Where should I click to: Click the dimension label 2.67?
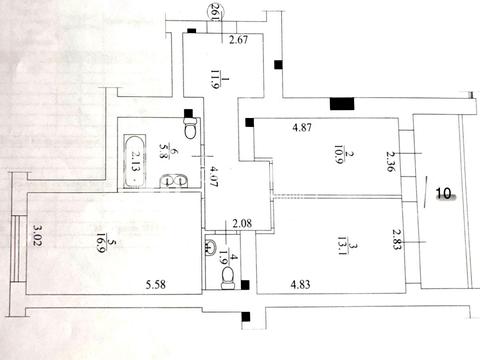tap(237, 41)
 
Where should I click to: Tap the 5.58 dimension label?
tap(155, 286)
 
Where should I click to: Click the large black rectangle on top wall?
tap(341, 101)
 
